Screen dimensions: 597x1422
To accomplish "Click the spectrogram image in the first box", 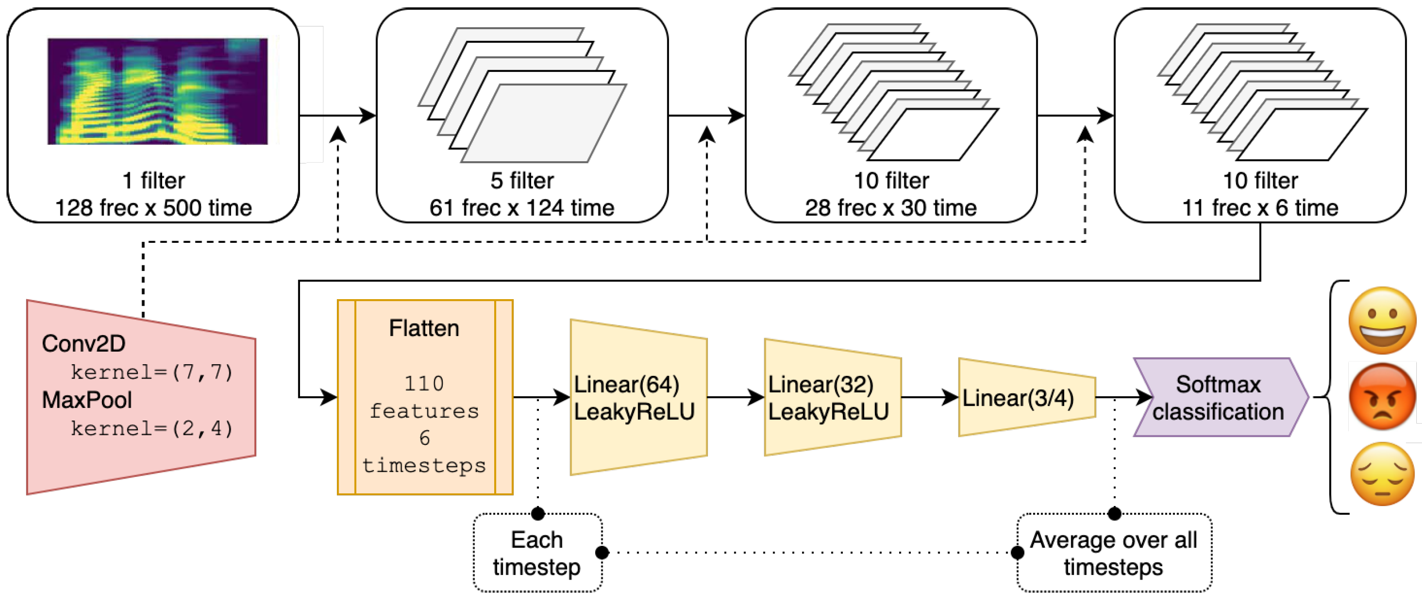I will (157, 91).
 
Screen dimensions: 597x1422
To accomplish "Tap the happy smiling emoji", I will (1382, 320).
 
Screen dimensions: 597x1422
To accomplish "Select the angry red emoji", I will (1382, 397).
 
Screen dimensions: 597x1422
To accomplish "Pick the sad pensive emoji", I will (1382, 474).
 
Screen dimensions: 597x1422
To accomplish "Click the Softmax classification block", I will (1219, 398).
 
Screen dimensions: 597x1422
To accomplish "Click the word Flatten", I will (424, 329).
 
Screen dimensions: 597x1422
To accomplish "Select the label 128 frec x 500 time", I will (153, 208).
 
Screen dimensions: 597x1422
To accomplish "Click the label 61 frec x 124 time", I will (522, 208).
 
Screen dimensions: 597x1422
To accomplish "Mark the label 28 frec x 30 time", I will (890, 208).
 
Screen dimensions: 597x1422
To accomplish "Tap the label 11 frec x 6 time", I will (1260, 208).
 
